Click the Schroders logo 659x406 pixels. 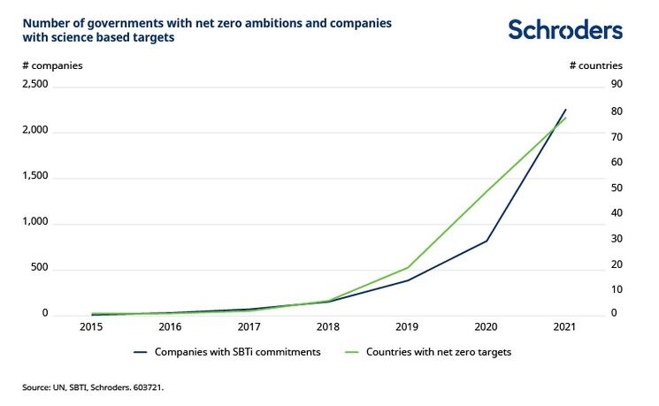click(x=564, y=29)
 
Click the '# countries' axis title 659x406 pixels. click(x=595, y=65)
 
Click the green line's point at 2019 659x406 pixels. click(x=408, y=267)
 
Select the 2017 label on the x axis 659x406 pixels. click(x=249, y=327)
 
